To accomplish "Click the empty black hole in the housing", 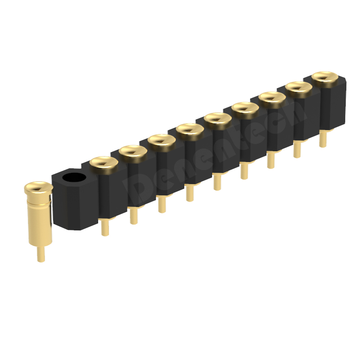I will [x=73, y=177].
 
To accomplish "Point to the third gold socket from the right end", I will [x=272, y=97].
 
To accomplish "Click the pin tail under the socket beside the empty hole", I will [x=105, y=227].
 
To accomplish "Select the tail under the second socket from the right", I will [x=297, y=149].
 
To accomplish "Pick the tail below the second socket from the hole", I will [x=134, y=216].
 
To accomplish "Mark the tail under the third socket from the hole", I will [x=162, y=205].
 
